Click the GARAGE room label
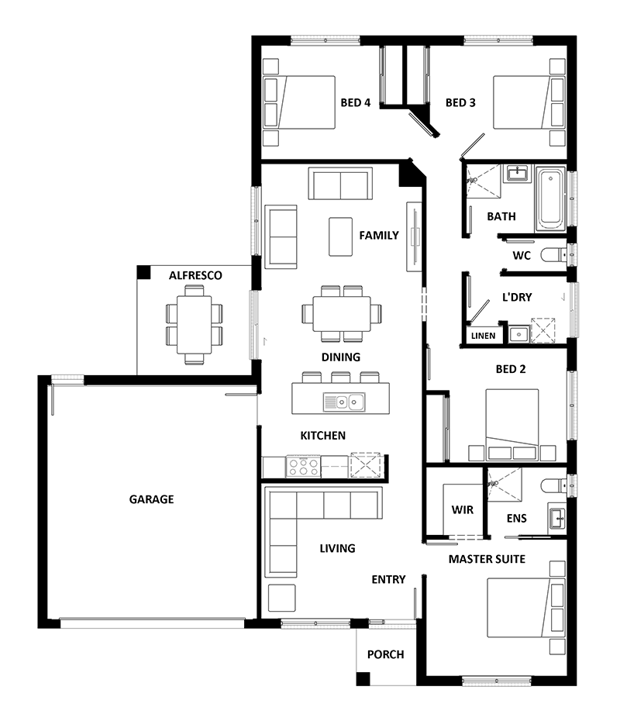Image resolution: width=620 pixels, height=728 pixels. (151, 499)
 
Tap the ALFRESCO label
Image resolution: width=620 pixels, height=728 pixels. (195, 275)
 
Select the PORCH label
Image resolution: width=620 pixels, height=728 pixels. (386, 654)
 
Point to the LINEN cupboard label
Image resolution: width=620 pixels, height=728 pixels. (483, 336)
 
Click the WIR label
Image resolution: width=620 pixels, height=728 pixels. (462, 510)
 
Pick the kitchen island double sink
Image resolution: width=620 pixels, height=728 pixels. (344, 402)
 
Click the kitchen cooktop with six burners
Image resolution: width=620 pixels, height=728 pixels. (303, 467)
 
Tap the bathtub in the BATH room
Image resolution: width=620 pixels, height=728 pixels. (550, 200)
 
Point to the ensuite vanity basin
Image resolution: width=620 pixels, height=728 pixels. (557, 518)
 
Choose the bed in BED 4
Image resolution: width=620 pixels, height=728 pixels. (299, 102)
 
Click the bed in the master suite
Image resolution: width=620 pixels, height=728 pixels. (525, 607)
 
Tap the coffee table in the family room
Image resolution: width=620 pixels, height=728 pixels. (341, 236)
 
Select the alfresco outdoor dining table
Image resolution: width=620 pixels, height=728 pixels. (195, 325)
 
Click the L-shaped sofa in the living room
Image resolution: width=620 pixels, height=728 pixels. (323, 532)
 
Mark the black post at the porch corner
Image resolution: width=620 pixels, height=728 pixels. (363, 678)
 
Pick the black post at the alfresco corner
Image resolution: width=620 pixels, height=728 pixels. (144, 273)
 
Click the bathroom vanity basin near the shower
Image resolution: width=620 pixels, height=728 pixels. (516, 174)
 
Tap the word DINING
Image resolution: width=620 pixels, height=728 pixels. (341, 357)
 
